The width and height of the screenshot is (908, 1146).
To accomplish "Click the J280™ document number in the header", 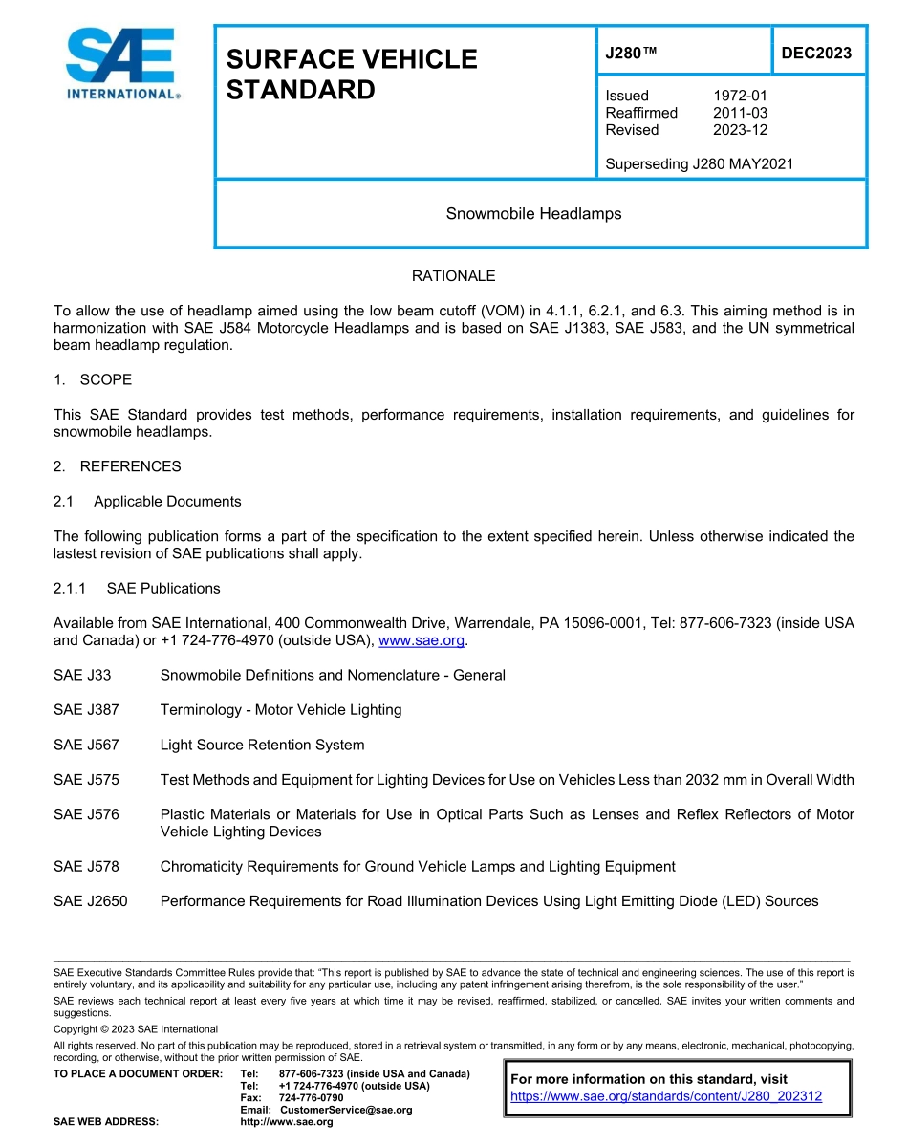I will tap(631, 53).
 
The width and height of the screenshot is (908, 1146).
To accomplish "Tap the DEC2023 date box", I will tap(816, 53).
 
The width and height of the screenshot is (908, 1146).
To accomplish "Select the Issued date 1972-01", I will tap(740, 96).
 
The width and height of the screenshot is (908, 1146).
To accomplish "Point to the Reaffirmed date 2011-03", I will tap(740, 113).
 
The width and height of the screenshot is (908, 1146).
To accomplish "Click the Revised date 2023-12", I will tap(740, 130).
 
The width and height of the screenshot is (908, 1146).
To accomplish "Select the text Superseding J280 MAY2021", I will tap(700, 164).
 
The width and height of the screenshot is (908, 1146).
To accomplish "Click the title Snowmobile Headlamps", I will tap(533, 213).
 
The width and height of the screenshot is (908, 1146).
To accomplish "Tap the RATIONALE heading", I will tap(453, 276).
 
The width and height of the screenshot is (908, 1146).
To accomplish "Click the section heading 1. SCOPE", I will tap(93, 379).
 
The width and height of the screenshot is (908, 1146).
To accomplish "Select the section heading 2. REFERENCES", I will tap(117, 466).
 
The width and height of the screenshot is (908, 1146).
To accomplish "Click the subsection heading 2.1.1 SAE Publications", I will tap(137, 588).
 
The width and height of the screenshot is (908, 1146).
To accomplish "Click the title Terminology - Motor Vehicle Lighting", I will tap(281, 710).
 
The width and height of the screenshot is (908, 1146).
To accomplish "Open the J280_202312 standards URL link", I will tap(666, 1097).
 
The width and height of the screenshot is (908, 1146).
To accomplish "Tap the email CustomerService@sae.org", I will tap(346, 1110).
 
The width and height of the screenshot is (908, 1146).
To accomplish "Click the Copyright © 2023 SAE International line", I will tap(136, 1029).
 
